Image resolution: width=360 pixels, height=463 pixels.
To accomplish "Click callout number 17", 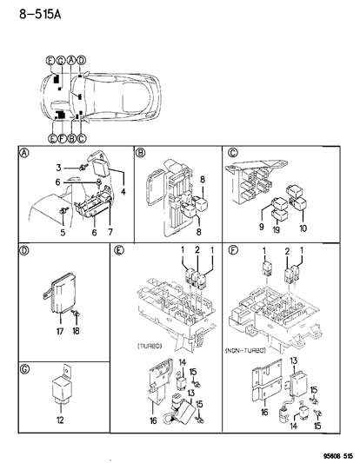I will point(60,330).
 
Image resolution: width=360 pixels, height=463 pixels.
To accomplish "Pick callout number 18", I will point(77,330).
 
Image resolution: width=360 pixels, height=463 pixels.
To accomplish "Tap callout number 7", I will point(110,232).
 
